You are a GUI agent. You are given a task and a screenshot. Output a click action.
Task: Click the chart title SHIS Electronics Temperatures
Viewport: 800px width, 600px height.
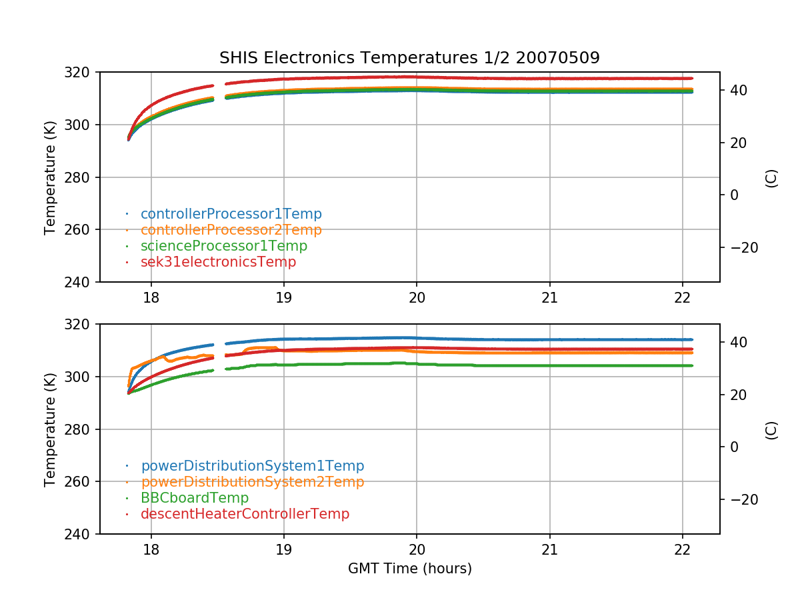coord(409,58)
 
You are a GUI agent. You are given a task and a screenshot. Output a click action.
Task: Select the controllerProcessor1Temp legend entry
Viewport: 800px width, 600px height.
coord(231,214)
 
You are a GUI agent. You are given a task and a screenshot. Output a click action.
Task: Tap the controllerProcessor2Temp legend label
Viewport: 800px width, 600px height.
coord(231,230)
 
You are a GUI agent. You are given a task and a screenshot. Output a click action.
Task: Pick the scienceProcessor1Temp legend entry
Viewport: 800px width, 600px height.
coord(224,246)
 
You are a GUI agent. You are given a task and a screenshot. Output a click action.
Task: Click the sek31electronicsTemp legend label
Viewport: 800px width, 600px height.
coord(218,262)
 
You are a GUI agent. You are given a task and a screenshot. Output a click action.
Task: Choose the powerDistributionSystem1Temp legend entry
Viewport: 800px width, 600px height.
coord(252,466)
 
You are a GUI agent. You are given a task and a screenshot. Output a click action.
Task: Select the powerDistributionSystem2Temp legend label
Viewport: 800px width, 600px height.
coord(252,482)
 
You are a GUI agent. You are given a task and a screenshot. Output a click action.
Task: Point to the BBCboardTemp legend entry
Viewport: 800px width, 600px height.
coord(195,498)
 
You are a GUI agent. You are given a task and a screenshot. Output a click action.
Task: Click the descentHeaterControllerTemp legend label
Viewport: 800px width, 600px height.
coord(245,514)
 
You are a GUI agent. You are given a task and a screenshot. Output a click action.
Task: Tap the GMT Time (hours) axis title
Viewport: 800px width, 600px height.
coord(409,569)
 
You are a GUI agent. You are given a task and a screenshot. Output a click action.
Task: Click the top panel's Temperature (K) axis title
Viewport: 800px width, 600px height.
coord(50,177)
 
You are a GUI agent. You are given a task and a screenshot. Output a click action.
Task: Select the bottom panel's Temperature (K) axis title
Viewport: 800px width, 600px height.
coord(50,429)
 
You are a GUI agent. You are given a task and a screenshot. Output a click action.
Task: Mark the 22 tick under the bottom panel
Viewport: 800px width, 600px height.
coord(682,548)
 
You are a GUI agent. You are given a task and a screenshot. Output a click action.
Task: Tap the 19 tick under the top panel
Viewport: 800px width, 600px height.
coord(283,296)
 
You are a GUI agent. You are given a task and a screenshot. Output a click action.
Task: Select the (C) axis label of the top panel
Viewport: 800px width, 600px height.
coord(771,177)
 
